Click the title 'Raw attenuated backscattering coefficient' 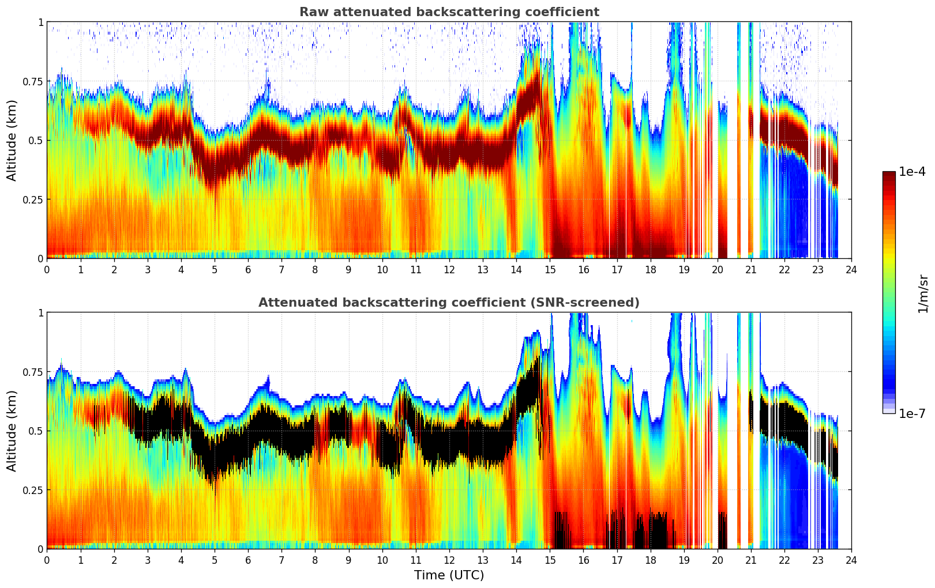pyautogui.click(x=449, y=12)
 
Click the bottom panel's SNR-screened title pyautogui.click(x=449, y=303)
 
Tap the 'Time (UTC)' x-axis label pyautogui.click(x=449, y=575)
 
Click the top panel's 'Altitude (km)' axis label pyautogui.click(x=12, y=140)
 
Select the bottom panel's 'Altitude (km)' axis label pyautogui.click(x=12, y=431)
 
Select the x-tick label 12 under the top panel pyautogui.click(x=449, y=270)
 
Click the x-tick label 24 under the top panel pyautogui.click(x=851, y=270)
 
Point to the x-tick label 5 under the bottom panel pyautogui.click(x=215, y=560)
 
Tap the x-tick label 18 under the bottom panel pyautogui.click(x=650, y=560)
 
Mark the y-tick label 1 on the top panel pyautogui.click(x=40, y=22)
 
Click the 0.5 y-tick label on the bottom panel pyautogui.click(x=35, y=431)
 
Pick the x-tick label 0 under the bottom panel pyautogui.click(x=47, y=560)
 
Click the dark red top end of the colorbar pyautogui.click(x=888, y=174)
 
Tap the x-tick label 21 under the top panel pyautogui.click(x=750, y=270)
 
